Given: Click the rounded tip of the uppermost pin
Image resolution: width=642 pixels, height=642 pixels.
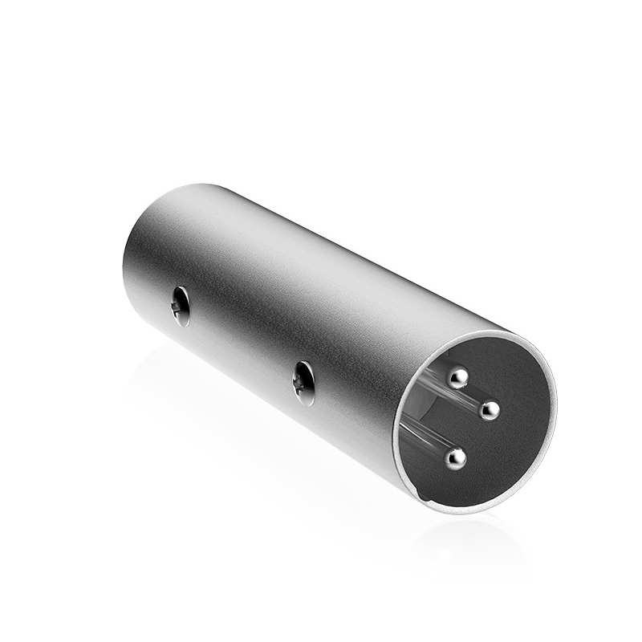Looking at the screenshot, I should pyautogui.click(x=458, y=376).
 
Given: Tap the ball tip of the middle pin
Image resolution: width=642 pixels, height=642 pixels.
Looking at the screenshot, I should pyautogui.click(x=489, y=410).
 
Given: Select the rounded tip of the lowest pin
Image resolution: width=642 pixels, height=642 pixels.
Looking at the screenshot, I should pyautogui.click(x=457, y=458).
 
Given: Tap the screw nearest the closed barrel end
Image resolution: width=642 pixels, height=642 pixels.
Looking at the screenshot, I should pyautogui.click(x=181, y=306).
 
